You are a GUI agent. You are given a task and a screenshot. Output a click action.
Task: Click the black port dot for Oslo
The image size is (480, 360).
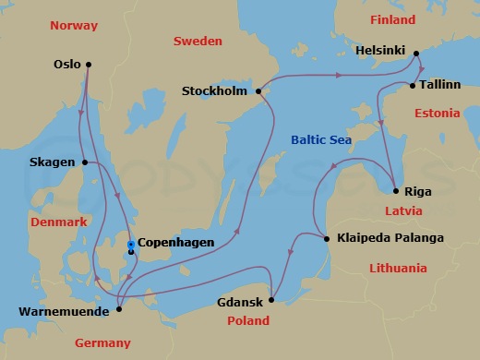[x=88, y=65]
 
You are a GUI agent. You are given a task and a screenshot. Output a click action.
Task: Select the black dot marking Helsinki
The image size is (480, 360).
[x=415, y=53]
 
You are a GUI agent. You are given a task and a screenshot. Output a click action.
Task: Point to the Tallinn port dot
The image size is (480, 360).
[x=412, y=86]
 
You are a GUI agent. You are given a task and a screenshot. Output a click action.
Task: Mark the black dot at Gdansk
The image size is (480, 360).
[x=271, y=300]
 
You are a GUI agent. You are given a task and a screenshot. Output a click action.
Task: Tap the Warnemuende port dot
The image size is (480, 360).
[x=119, y=309]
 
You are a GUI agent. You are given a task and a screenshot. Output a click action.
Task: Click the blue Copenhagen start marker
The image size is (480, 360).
[x=131, y=244]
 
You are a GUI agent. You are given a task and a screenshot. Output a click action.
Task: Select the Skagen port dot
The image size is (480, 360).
[x=85, y=162]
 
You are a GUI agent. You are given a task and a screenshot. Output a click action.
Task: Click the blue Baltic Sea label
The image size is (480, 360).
[x=321, y=140]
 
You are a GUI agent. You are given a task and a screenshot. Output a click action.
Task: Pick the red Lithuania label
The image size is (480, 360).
[x=396, y=269]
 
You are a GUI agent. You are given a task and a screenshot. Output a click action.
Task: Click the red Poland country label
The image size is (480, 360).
[x=247, y=321]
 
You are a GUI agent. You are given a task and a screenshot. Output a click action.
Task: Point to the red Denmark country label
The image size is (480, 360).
[x=58, y=222]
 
